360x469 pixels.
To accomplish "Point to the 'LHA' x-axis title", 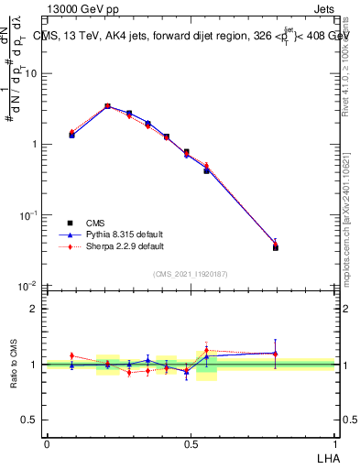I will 325,456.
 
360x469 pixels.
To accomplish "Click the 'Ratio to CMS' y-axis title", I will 14,365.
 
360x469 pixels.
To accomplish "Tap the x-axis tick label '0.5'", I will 191,442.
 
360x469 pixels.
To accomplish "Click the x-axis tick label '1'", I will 335,442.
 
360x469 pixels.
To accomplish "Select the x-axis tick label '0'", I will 47,442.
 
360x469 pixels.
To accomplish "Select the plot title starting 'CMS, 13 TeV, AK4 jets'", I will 192,37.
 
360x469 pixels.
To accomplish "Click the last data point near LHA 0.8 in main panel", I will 276,246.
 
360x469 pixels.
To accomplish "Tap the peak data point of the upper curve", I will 107,106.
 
